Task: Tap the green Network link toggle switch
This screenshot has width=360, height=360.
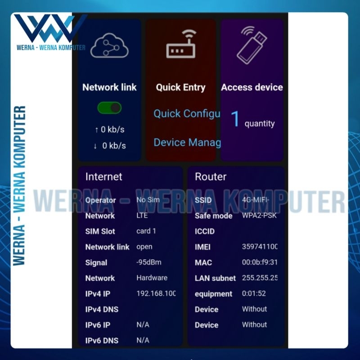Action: coord(109,108)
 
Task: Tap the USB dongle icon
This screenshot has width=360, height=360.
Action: coord(252,44)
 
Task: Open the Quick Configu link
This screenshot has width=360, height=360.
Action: coord(187,114)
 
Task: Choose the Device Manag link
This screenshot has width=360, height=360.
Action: coord(187,143)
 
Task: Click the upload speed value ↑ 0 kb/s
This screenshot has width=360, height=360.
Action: coord(110,130)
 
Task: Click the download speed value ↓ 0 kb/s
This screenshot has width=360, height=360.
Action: coord(110,145)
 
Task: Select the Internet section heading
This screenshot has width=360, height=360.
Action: coord(103,177)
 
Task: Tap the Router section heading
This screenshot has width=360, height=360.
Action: coord(210,177)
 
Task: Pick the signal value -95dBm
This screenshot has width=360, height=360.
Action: coord(148,262)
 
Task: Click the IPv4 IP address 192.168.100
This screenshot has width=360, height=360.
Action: coord(156,293)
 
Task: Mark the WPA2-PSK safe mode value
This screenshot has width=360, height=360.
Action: coord(259,216)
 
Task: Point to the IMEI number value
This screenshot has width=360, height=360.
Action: coord(260,247)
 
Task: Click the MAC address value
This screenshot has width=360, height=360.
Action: coord(260,262)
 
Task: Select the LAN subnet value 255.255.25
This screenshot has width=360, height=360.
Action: coord(260,278)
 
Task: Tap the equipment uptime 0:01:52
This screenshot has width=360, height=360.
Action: coord(254,293)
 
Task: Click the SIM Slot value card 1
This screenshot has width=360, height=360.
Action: coord(146,231)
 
